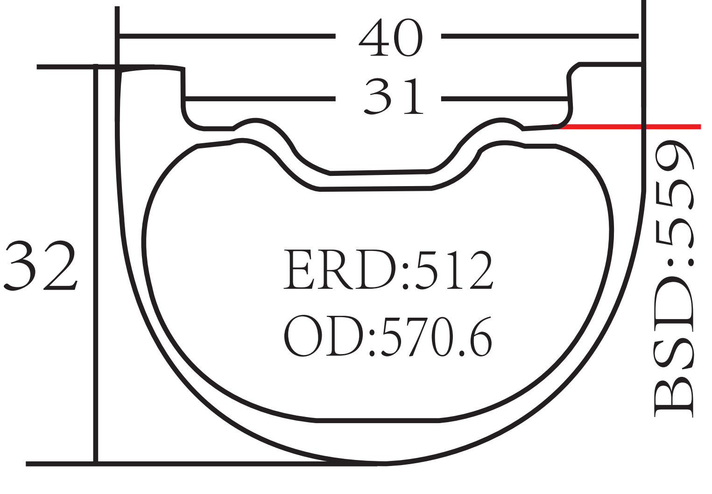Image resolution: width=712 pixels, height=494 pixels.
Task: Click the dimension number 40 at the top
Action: [390, 38]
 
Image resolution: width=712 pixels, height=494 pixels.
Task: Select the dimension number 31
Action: [393, 97]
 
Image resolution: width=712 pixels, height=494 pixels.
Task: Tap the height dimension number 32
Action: [40, 266]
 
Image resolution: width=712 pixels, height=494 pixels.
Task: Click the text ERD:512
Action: [388, 270]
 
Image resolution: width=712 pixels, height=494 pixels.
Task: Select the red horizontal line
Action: [630, 126]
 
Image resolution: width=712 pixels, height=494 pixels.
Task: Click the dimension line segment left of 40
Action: [227, 36]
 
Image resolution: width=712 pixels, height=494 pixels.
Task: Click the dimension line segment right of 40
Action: [539, 36]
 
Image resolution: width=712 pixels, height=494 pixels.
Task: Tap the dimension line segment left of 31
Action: [260, 98]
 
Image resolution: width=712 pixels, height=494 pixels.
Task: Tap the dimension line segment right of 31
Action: [504, 98]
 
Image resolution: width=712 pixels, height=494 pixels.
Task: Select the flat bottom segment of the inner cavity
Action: [377, 421]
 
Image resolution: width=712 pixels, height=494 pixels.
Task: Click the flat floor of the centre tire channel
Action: [378, 172]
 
